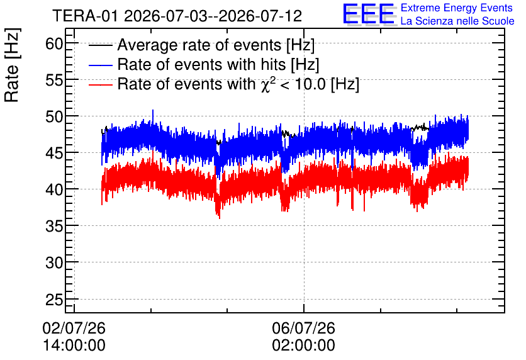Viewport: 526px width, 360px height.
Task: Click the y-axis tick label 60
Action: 54,43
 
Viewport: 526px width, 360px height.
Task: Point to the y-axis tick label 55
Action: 54,80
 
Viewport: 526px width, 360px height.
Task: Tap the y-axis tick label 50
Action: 54,117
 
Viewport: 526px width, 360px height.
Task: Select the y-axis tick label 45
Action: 54,154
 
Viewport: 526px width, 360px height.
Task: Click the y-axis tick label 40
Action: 54,190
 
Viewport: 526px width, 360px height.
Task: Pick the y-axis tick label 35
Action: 54,227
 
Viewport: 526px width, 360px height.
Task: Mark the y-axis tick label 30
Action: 54,262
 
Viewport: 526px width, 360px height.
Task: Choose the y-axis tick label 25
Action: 54,300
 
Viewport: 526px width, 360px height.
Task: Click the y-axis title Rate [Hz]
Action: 12,65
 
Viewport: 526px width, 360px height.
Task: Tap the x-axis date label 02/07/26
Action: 74,328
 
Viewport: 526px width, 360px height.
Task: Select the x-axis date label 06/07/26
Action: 304,328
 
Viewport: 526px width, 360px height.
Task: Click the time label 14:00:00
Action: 74,346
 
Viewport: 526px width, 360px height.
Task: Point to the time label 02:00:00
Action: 304,346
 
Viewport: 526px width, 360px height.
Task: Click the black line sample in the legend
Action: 100,45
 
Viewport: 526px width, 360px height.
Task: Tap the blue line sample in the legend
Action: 100,65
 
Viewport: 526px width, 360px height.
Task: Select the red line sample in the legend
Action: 100,84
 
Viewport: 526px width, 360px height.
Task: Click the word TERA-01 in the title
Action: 85,16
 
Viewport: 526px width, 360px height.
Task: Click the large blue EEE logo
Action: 369,14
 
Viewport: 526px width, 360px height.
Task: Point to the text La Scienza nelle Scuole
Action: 457,21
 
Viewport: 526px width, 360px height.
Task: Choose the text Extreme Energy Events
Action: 457,8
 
